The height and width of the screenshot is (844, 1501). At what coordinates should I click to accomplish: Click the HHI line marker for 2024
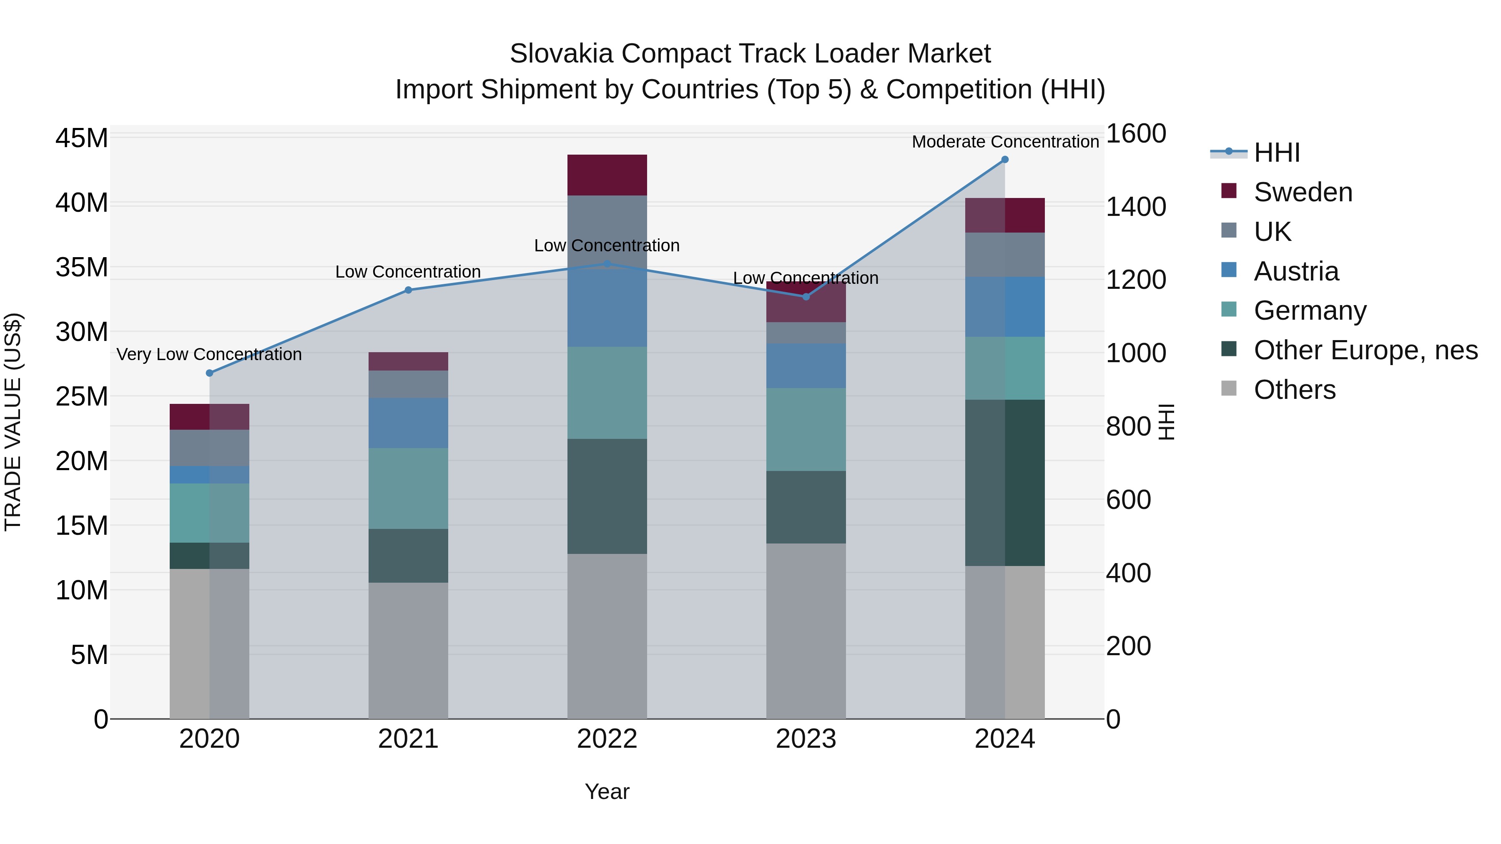(1004, 160)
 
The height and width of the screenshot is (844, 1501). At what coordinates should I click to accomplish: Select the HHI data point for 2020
(210, 373)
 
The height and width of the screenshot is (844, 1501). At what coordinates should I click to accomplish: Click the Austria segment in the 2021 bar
(408, 423)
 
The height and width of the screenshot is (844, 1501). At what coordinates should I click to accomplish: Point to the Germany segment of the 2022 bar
(607, 393)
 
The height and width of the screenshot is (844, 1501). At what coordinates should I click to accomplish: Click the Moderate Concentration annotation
(1005, 142)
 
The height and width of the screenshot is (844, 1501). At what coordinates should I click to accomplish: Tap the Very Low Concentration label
(209, 354)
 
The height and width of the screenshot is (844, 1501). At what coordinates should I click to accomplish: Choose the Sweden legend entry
(1303, 192)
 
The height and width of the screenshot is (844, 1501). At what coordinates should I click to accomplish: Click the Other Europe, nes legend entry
(1365, 350)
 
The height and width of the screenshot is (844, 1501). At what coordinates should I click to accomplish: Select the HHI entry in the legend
(1276, 153)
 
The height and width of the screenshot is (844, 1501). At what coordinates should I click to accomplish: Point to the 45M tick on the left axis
(82, 139)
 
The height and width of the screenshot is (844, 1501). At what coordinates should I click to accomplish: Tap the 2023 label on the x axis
(806, 739)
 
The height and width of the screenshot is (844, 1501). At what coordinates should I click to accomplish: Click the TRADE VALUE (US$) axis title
(13, 422)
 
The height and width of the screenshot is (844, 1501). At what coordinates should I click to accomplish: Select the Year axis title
(607, 791)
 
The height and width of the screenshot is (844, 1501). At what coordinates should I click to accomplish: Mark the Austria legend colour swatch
(1229, 270)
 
